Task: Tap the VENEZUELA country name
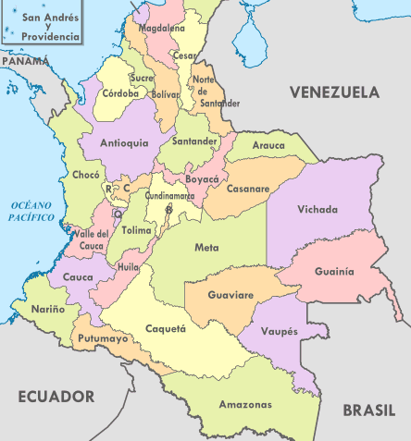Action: (334, 92)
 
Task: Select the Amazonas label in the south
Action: (245, 405)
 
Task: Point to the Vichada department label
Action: (318, 210)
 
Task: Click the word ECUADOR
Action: (56, 397)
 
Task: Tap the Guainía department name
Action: (334, 272)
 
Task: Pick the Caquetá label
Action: (167, 328)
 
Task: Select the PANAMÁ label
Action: (24, 60)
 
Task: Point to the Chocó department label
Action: (84, 175)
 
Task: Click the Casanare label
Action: (247, 189)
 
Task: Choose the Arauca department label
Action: (269, 145)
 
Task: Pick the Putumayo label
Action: (103, 339)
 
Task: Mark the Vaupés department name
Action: (280, 330)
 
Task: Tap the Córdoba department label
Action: (120, 93)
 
